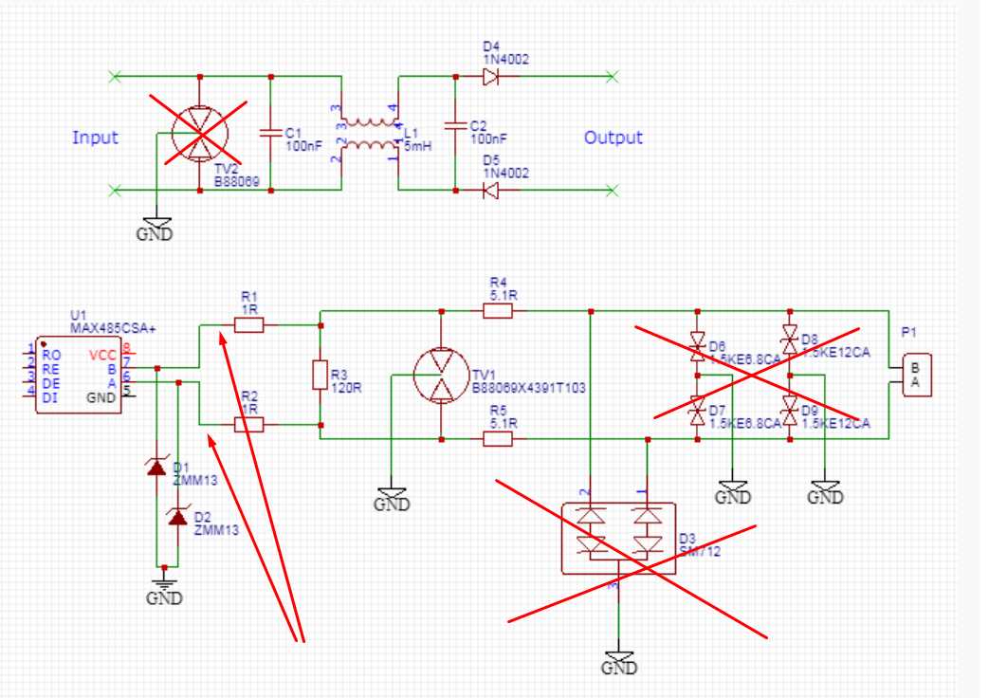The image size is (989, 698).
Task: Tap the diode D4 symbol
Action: tap(489, 77)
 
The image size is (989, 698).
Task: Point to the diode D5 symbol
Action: tap(489, 191)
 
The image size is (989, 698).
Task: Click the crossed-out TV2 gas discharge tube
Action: tap(200, 134)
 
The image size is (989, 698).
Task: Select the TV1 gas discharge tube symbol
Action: tap(442, 376)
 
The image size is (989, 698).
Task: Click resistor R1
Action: tap(248, 325)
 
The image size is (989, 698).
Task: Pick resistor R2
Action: tap(248, 426)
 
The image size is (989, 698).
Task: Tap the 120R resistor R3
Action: tap(321, 376)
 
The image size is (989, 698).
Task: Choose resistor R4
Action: tap(498, 310)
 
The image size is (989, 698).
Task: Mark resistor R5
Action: tap(498, 439)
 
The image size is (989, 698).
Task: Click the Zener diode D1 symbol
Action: tap(155, 467)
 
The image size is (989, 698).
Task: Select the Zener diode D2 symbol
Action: tap(176, 517)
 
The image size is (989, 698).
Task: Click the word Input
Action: tap(95, 138)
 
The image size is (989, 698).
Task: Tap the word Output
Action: tap(613, 138)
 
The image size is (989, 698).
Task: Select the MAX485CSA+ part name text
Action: tap(112, 327)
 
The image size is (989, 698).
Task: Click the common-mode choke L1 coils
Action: tap(369, 134)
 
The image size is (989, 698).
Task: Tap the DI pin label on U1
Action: tap(50, 397)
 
